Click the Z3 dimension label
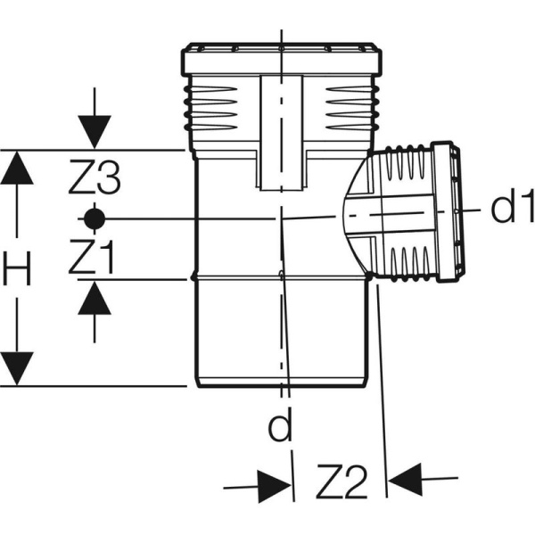point(94,181)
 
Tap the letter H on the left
point(17,268)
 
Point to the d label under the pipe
point(281,429)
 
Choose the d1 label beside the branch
point(512,210)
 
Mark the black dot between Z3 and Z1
point(94,218)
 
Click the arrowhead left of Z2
point(275,486)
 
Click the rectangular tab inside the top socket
point(284,134)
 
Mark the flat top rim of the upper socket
point(280,45)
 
